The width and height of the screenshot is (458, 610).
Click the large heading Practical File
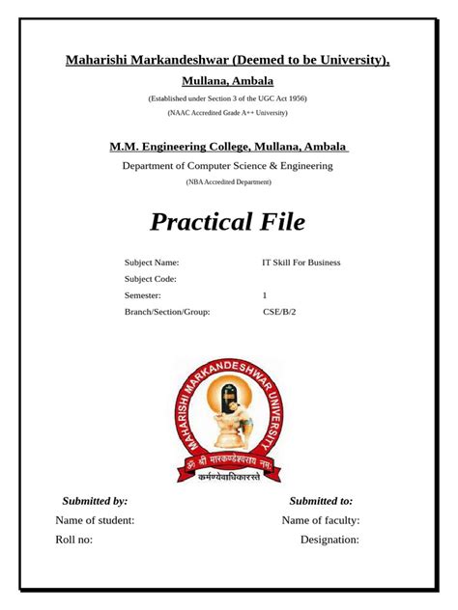click(228, 222)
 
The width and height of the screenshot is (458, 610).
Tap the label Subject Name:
click(152, 263)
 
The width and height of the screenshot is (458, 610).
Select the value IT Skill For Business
click(301, 263)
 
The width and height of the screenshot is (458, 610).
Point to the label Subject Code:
click(151, 279)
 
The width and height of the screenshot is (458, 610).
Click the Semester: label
click(143, 295)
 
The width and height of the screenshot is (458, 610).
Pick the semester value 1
click(265, 295)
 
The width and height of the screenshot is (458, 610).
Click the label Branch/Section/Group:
click(167, 312)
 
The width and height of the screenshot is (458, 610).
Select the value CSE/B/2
click(279, 312)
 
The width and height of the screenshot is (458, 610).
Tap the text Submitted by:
click(95, 501)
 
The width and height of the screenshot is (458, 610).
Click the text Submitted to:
click(321, 501)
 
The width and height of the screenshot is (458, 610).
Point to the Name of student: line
click(95, 520)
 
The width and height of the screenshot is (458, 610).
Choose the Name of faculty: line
click(321, 520)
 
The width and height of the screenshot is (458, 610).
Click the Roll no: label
click(74, 540)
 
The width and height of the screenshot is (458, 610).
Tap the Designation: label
click(329, 540)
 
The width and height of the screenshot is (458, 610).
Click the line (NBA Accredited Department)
click(227, 181)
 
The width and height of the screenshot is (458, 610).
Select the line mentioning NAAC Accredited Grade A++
click(227, 113)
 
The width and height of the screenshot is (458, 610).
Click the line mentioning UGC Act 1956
click(227, 98)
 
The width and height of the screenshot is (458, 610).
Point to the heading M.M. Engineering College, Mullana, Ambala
click(228, 146)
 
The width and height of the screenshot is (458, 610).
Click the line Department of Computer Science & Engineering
click(227, 166)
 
